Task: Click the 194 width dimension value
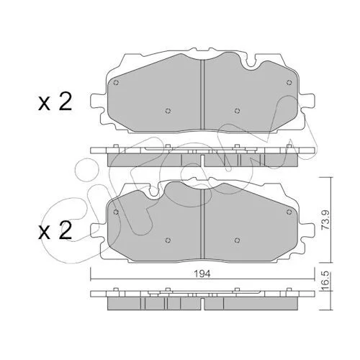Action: pos(203,274)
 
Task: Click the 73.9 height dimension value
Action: pos(325,220)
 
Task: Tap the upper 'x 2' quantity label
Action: pos(55,102)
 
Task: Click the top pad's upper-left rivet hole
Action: pos(116,83)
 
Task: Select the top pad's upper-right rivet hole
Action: pos(289,82)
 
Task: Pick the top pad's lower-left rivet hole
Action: pos(168,111)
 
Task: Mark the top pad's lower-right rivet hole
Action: pos(237,111)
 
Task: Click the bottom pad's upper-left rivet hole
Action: pos(116,212)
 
